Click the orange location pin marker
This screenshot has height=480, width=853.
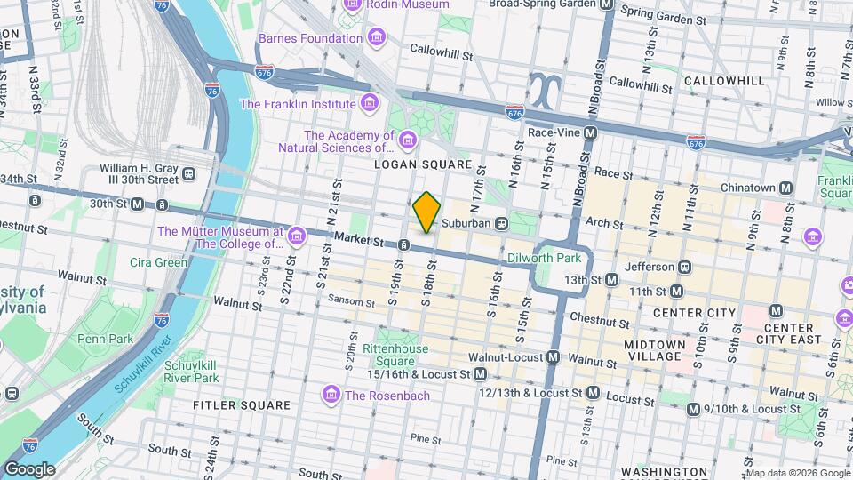coord(426,212)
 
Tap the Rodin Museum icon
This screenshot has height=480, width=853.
coord(352,4)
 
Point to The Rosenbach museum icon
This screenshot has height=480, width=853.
coord(331,395)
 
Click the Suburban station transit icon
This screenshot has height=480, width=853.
coord(502,223)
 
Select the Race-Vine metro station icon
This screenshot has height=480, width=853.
coord(590,132)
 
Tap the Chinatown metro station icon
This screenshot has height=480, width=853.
coord(785,188)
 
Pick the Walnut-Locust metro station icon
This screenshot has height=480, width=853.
coord(554,357)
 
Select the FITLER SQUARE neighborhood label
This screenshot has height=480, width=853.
coord(230,404)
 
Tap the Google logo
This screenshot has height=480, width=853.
coord(29,468)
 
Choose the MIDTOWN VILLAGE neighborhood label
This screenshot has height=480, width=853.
coord(654,350)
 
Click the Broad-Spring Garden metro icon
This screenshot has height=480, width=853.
coord(608,4)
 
